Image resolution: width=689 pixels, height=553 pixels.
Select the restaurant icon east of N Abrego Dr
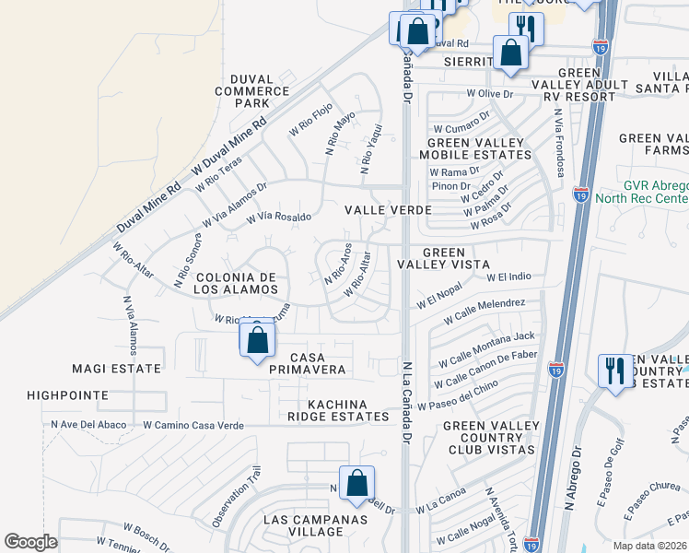click(614, 371)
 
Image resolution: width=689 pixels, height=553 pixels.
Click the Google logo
click(30, 542)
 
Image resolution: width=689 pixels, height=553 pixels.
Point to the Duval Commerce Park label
click(251, 91)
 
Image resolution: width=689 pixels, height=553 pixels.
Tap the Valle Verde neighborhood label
click(388, 210)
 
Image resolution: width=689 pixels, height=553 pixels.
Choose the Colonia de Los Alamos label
click(236, 283)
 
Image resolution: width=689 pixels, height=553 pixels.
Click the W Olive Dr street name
click(488, 94)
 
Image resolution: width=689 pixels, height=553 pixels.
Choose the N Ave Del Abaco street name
click(88, 425)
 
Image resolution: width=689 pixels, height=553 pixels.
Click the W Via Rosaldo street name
click(278, 218)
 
